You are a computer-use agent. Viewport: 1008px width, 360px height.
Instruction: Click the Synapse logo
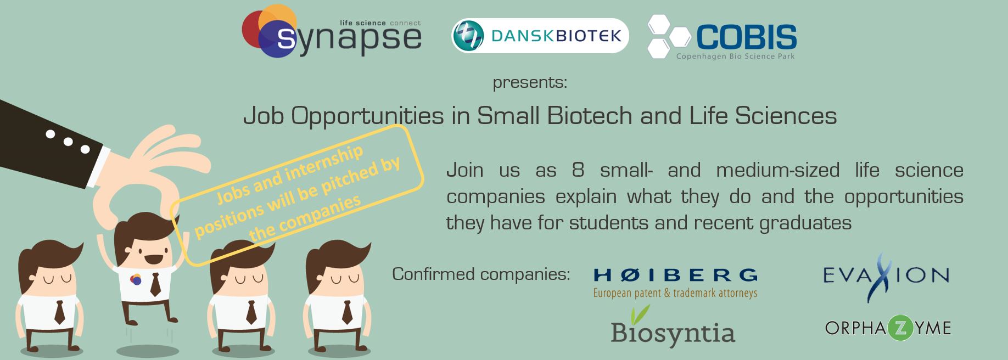coord(332,31)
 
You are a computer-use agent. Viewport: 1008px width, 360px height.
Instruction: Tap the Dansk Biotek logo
coord(540,36)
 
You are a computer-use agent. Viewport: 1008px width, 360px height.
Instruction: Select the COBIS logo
coord(722,37)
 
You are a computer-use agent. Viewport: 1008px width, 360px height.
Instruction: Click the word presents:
coord(530,83)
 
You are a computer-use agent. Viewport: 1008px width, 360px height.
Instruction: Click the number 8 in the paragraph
coord(578,170)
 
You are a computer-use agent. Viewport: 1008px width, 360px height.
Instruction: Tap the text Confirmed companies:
coord(481,273)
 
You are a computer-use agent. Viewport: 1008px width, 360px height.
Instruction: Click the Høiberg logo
coord(675,282)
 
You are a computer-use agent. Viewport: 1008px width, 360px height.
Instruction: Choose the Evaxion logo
coord(886,276)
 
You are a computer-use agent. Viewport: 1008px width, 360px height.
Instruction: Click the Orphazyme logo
coord(888,328)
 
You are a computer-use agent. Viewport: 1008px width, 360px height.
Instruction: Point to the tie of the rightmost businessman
coord(347,312)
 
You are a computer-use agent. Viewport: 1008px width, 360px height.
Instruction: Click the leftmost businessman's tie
coord(59,312)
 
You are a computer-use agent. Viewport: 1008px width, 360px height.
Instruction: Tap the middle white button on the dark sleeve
coord(68,142)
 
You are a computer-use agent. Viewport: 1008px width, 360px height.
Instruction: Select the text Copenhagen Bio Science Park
coord(735,56)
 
